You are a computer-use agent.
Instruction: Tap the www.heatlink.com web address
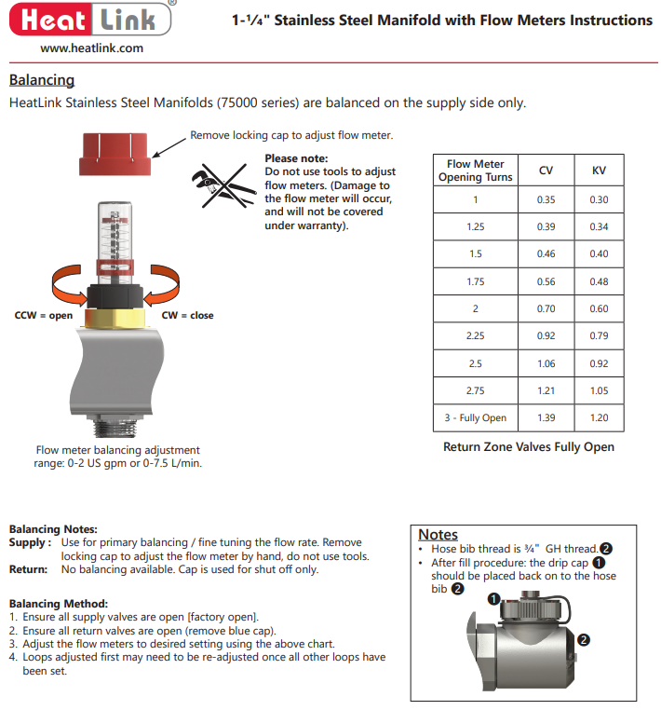(x=91, y=48)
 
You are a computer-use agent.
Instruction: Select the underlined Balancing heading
(x=41, y=81)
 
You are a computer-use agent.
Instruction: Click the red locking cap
(x=115, y=154)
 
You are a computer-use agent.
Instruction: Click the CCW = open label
(x=43, y=316)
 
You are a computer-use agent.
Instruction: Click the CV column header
(x=546, y=171)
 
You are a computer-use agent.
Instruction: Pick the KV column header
(x=599, y=171)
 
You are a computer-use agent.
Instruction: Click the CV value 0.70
(x=546, y=309)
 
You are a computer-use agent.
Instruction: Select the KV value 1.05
(x=599, y=390)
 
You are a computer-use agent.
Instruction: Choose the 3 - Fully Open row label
(x=475, y=417)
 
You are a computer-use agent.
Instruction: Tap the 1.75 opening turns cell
(x=475, y=281)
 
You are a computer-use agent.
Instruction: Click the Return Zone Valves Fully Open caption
(x=529, y=447)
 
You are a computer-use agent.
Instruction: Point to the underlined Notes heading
(x=438, y=535)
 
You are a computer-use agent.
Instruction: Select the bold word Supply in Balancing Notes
(x=27, y=542)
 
